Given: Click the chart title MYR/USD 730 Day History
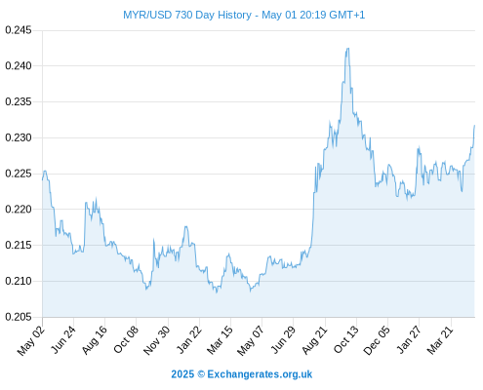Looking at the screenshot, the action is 187,15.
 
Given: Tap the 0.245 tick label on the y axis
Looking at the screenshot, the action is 19,30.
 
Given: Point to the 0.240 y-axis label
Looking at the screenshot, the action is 19,66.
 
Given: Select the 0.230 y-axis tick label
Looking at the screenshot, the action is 19,137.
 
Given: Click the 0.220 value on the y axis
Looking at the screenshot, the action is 19,210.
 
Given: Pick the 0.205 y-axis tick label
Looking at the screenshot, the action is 19,317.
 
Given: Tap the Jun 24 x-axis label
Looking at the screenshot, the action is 63,339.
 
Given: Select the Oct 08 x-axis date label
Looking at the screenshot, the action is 126,339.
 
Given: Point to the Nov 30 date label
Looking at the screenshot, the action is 157,340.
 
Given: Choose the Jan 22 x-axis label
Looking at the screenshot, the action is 188,339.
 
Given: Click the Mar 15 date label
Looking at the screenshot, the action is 220,340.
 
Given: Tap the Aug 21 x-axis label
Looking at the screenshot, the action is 314,340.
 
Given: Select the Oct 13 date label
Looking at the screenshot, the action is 345,339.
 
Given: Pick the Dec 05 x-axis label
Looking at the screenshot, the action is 377,340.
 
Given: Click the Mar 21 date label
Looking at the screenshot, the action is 440,340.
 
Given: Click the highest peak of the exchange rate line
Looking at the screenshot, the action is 348,48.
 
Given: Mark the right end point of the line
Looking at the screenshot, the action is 474,125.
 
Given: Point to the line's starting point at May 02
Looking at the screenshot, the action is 42,179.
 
